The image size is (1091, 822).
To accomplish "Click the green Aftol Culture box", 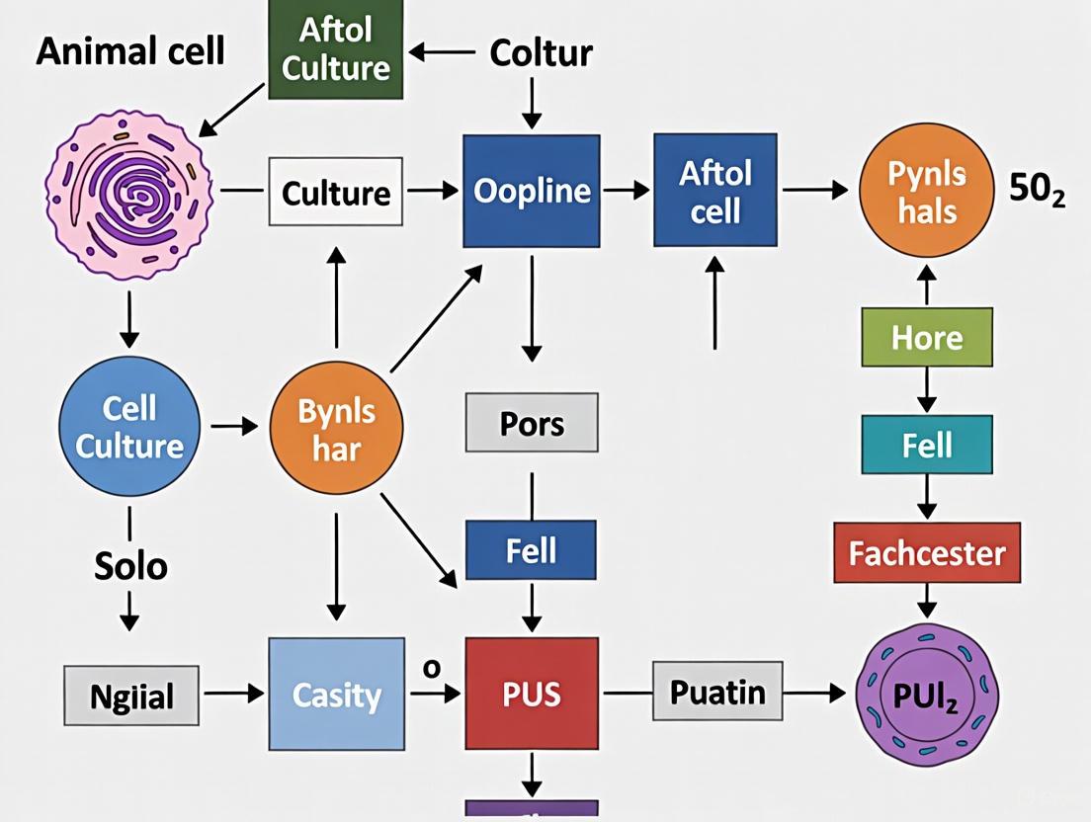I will point(336,49).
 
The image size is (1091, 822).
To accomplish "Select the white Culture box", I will point(336,192).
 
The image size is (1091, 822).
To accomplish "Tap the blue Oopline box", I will point(532,191).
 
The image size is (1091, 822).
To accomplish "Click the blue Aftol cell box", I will point(715,191).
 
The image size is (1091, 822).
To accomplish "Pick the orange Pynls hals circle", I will point(926,191).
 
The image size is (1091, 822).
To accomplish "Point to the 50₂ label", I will point(1037,191).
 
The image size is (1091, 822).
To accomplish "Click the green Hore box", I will point(926,338).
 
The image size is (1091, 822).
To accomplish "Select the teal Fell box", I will point(926,445).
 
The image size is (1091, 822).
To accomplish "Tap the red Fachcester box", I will point(926,552).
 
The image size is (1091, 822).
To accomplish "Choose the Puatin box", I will point(717,692).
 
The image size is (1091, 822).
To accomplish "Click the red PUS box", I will point(532,693).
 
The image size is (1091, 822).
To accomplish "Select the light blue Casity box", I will point(336,694).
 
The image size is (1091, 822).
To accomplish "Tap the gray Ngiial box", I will point(131,696).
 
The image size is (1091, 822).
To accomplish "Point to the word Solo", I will point(130,566).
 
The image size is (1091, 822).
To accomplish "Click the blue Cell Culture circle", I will point(129,426).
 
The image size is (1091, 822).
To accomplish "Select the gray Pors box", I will point(532,423).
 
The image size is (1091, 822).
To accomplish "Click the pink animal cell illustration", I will point(130,191).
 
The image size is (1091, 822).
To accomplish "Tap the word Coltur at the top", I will point(541,51).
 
